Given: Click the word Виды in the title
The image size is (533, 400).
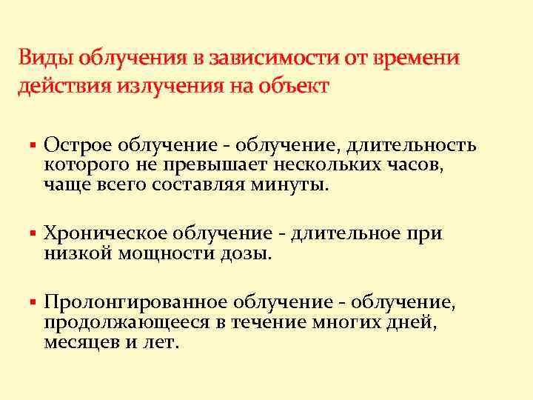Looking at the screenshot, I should pyautogui.click(x=42, y=58).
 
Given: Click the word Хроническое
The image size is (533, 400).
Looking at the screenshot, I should pyautogui.click(x=105, y=234).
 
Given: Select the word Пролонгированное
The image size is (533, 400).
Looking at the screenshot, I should pyautogui.click(x=135, y=304).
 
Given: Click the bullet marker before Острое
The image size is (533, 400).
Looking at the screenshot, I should pyautogui.click(x=33, y=145).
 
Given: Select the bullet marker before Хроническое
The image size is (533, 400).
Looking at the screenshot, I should pyautogui.click(x=33, y=234).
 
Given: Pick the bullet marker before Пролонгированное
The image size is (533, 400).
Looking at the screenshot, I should pyautogui.click(x=33, y=304).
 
